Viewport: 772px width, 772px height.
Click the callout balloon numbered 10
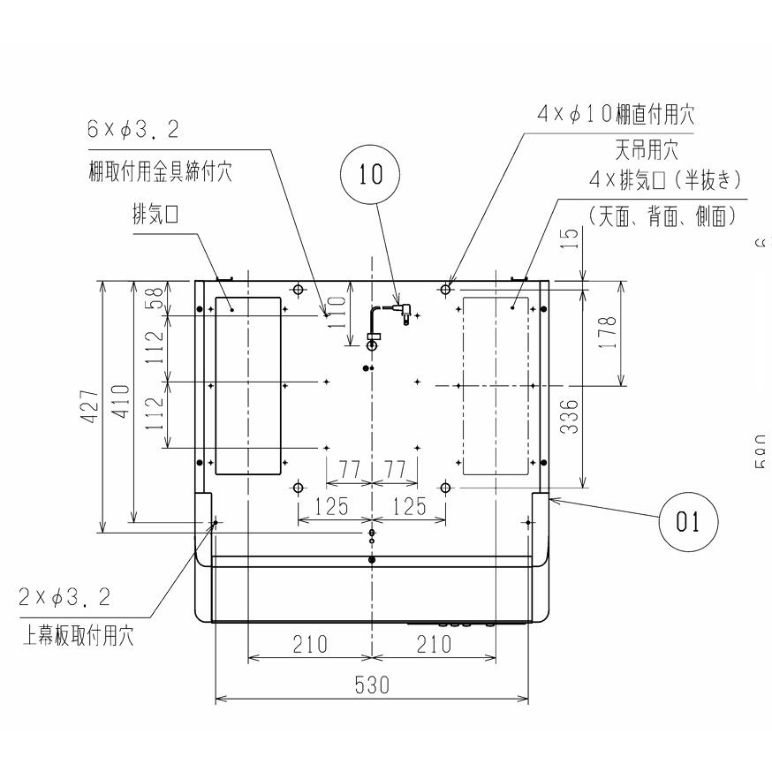point(372,174)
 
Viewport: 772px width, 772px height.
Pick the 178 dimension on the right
point(608,331)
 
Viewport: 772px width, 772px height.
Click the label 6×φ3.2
point(132,130)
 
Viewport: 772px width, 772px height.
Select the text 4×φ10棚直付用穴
point(616,113)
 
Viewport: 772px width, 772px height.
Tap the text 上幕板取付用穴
point(78,636)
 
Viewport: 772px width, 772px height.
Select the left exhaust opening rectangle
point(247,385)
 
